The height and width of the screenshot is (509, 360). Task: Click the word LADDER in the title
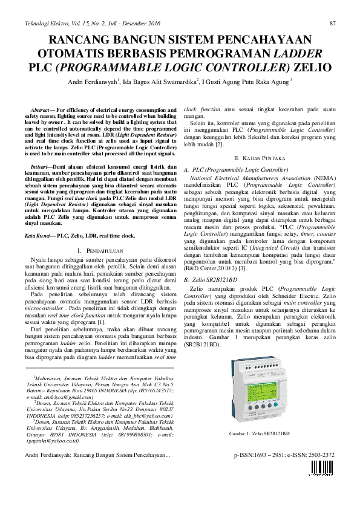click(x=302, y=52)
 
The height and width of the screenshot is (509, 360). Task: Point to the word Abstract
click(x=42, y=107)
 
